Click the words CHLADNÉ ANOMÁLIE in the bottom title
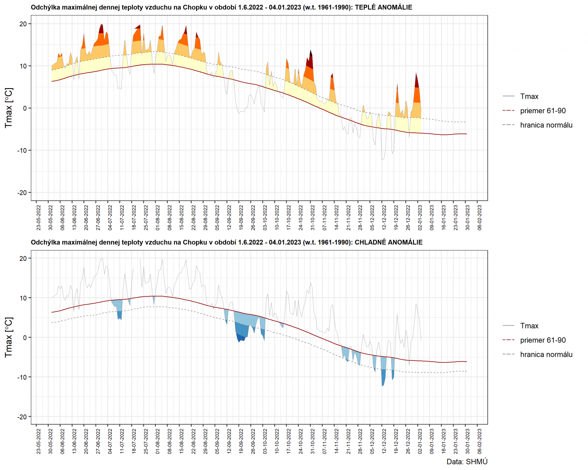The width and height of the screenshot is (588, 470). pos(388,242)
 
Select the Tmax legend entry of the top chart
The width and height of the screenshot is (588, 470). pos(529,96)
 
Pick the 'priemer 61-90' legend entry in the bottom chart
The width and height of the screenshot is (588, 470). pos(543,340)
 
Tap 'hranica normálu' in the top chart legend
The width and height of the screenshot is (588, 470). pos(546,125)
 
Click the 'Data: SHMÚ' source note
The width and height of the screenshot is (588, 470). pos(467,462)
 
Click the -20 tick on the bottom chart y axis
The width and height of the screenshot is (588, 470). pos(22,417)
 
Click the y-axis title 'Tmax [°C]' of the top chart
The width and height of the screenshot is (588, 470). pos(9,108)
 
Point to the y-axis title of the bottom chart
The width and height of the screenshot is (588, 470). pos(9,337)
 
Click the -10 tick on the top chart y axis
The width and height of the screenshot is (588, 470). pos(22,150)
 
